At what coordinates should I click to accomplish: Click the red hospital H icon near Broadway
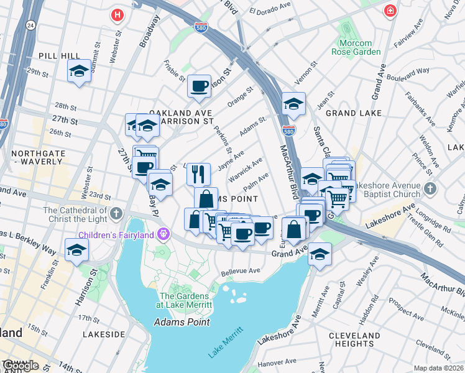click(x=116, y=14)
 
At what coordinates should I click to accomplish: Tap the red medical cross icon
click(x=390, y=11)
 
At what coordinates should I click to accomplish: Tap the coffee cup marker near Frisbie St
click(x=200, y=86)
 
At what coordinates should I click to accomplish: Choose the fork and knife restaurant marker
click(x=199, y=173)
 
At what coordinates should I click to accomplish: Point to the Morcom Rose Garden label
click(x=360, y=47)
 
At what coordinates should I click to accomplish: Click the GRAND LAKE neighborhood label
click(x=349, y=113)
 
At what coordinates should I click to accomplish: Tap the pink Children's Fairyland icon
click(x=163, y=234)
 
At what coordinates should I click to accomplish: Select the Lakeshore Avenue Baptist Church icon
click(x=430, y=188)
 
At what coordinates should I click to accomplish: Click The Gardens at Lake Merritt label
click(x=186, y=300)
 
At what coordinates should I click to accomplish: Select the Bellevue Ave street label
click(x=241, y=271)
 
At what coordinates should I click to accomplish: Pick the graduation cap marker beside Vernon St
click(x=293, y=104)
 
